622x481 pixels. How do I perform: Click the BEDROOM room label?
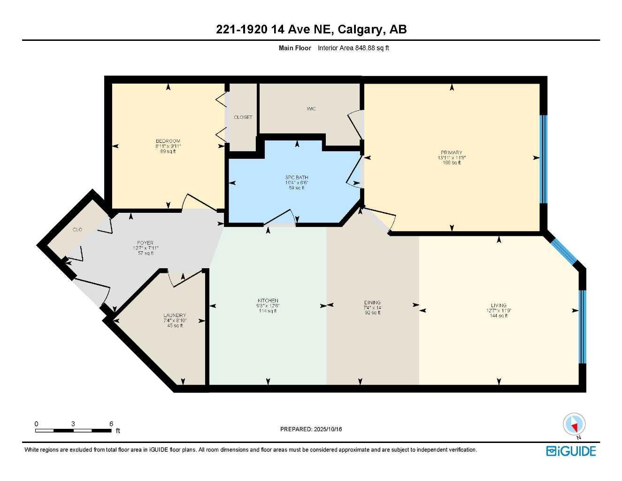[x=168, y=141]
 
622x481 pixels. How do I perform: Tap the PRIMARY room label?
[x=451, y=153]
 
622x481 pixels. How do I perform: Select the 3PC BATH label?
[x=297, y=178]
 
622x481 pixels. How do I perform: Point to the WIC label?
[x=311, y=109]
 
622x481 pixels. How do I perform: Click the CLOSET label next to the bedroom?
[x=243, y=117]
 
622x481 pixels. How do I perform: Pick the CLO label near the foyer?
[x=77, y=230]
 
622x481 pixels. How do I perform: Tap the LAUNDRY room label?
[x=175, y=315]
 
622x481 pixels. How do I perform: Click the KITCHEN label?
[x=268, y=301]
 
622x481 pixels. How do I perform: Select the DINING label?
[x=372, y=303]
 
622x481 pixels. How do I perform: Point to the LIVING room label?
[x=499, y=305]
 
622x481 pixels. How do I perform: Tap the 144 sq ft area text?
[x=499, y=316]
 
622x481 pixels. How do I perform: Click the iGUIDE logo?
[x=571, y=451]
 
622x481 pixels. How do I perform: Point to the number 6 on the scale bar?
[x=111, y=424]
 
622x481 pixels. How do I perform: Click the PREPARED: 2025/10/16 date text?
[x=311, y=429]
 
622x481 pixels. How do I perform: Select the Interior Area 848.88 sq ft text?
[x=353, y=48]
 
